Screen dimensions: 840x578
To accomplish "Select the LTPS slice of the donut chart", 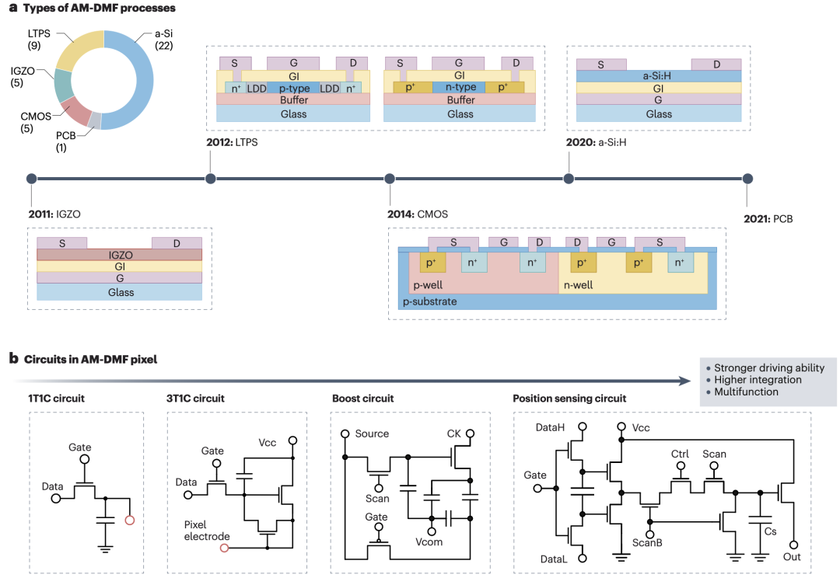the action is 78,49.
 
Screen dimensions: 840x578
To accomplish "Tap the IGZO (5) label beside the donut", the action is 23,77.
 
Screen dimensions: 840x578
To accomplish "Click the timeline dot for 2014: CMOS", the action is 390,179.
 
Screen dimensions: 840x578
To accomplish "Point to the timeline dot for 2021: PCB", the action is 747,179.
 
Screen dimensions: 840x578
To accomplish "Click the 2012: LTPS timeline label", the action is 232,142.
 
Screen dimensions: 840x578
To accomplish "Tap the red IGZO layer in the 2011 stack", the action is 120,255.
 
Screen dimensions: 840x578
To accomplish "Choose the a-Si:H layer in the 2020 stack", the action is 659,76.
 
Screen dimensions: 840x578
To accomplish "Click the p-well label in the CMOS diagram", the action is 428,285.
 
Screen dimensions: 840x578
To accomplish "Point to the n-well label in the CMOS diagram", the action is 578,285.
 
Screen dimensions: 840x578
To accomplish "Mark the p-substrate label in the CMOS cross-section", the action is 429,301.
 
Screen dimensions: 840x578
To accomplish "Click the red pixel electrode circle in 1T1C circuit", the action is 129,521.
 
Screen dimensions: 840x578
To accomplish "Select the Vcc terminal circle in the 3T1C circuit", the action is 292,440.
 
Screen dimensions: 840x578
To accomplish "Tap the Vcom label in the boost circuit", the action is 429,541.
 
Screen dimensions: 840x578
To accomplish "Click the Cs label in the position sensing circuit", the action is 770,531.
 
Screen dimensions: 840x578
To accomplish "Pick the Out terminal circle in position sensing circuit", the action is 793,545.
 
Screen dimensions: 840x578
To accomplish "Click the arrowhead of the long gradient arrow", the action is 685,381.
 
